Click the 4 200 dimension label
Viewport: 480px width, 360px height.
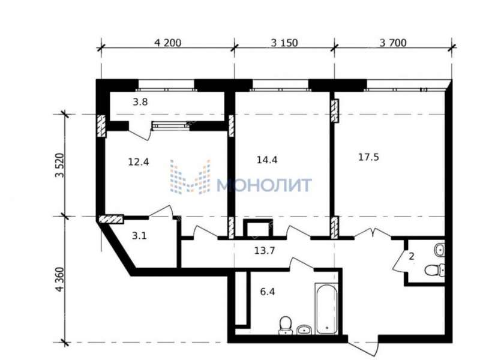(x=168, y=43)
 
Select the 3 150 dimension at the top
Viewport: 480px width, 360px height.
(x=284, y=43)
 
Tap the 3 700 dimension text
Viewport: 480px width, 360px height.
(x=393, y=43)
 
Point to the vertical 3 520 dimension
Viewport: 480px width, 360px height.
(x=60, y=166)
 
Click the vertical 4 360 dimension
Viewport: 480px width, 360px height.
(x=60, y=280)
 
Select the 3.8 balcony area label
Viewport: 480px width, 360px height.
(x=140, y=101)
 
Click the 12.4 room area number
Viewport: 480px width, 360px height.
(x=139, y=161)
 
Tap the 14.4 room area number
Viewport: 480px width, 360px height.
(x=267, y=160)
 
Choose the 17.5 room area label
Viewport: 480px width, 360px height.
(x=368, y=157)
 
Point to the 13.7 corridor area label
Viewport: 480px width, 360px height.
(x=265, y=251)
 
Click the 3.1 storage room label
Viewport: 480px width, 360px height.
(x=139, y=236)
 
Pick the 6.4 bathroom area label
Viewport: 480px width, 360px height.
(x=267, y=292)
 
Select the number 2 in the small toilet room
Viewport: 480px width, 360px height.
(x=412, y=256)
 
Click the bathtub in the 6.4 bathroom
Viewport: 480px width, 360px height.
(x=326, y=308)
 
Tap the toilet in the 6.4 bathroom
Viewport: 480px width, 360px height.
(x=286, y=325)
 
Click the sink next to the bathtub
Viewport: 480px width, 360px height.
(x=304, y=329)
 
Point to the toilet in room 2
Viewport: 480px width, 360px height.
(x=434, y=271)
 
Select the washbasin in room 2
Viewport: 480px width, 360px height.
(x=439, y=250)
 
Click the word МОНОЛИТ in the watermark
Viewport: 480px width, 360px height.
(x=264, y=185)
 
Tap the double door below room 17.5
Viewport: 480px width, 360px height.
(x=372, y=233)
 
